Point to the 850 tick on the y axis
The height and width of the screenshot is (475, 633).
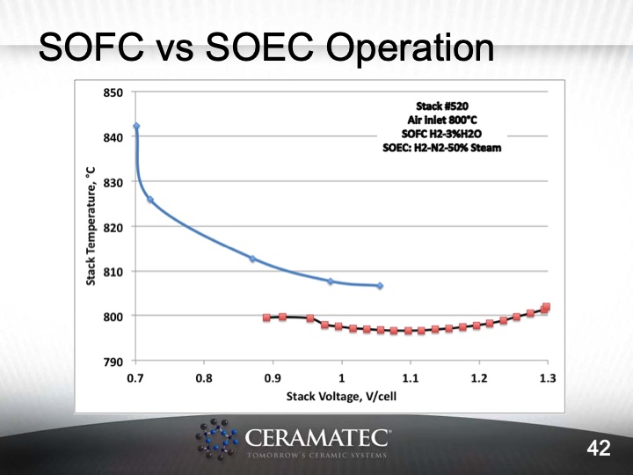click(x=113, y=92)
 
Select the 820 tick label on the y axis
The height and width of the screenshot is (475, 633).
click(x=113, y=227)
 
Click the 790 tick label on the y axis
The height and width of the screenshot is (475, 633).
click(x=113, y=361)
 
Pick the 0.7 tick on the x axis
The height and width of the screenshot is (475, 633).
click(x=135, y=378)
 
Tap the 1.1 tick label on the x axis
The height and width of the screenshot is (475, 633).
click(x=410, y=378)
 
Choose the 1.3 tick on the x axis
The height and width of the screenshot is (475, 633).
click(x=547, y=378)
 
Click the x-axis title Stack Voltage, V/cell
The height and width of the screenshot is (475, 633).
click(x=340, y=397)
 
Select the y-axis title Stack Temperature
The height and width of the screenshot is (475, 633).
click(x=91, y=226)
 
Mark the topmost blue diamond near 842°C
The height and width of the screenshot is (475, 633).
click(x=136, y=127)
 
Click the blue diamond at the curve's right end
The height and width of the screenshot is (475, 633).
click(x=380, y=286)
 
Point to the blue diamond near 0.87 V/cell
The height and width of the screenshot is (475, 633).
click(x=252, y=259)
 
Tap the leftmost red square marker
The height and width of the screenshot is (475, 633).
click(x=266, y=318)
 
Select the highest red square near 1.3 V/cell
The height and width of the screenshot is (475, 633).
click(x=546, y=307)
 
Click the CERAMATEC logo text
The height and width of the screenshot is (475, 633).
click(x=317, y=437)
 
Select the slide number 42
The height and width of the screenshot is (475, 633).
click(x=599, y=449)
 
